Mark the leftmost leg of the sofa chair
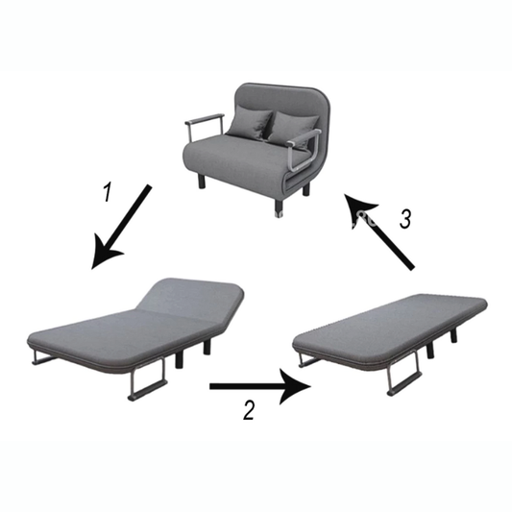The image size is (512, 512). pyautogui.click(x=202, y=178)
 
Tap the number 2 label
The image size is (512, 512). pyautogui.click(x=249, y=410)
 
